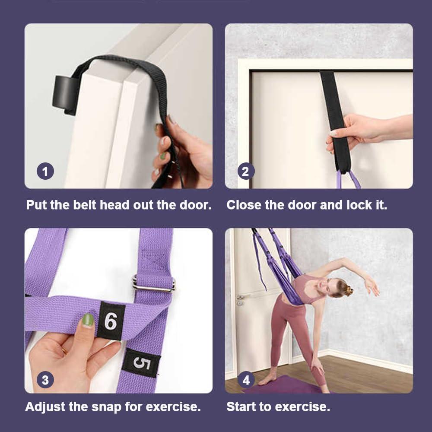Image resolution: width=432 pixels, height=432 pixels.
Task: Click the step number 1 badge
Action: [45, 172]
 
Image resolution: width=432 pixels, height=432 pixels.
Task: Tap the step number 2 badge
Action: [245, 172]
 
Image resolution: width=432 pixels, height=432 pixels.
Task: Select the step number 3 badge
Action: [45, 380]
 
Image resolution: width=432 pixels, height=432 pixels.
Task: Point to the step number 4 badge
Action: [246, 380]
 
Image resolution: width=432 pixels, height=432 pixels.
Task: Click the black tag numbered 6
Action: [111, 321]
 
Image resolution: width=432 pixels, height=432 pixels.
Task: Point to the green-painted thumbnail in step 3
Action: [88, 320]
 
